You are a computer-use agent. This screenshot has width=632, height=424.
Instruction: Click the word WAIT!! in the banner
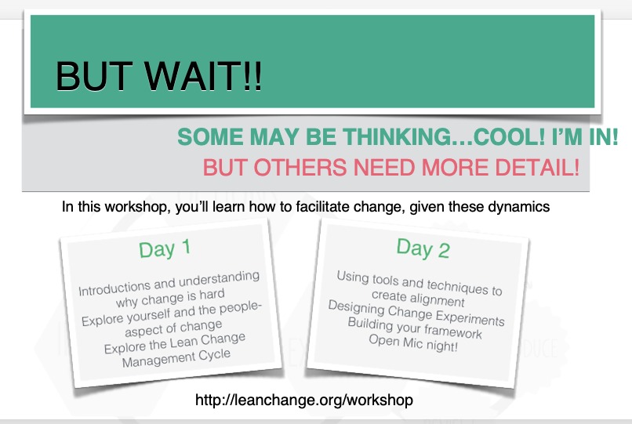coord(203,76)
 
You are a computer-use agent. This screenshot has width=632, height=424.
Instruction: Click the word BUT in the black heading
coord(94,76)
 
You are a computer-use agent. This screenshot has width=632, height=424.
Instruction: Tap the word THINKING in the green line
coord(398,136)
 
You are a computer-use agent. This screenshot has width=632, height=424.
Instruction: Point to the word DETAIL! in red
coord(537,167)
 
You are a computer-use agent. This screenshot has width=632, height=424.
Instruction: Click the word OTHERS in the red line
coord(300,167)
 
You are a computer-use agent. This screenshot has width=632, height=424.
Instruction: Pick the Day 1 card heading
coord(165,248)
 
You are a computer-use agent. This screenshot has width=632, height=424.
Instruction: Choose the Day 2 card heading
coord(423,248)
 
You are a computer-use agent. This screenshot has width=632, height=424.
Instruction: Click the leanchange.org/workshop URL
coord(304,400)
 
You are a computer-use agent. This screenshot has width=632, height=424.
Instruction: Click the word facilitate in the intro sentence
coord(322,207)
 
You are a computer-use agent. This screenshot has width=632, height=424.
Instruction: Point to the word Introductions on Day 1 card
coord(114,288)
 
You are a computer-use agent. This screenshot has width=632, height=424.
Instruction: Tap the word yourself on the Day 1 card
coord(150,316)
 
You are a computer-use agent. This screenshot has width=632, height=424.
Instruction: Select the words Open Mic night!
coord(413,343)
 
